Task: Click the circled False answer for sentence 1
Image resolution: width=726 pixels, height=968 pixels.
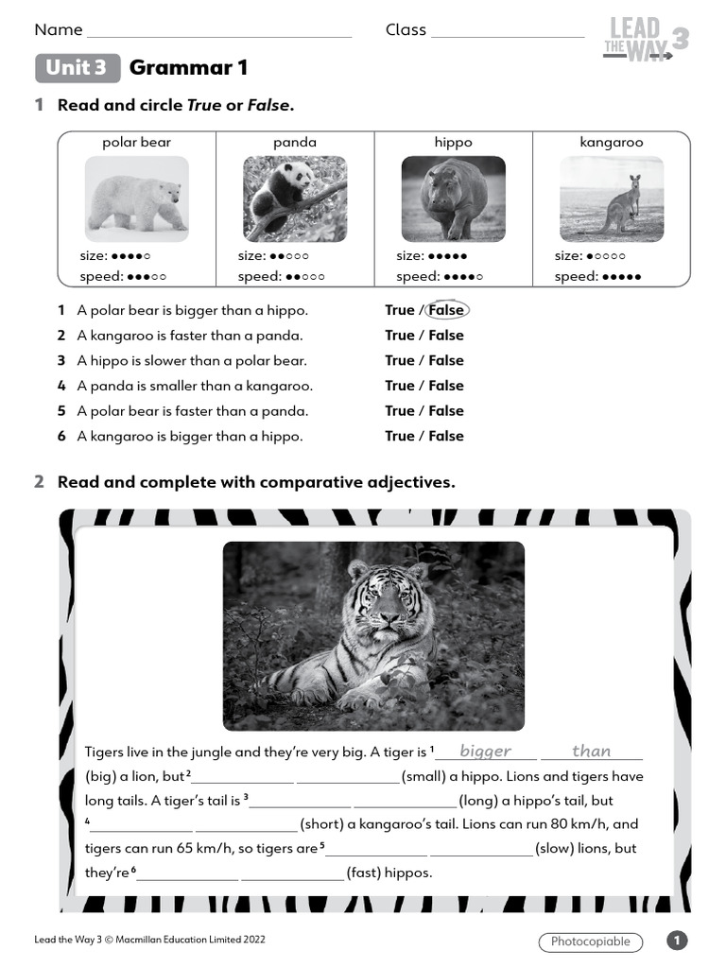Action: point(446,310)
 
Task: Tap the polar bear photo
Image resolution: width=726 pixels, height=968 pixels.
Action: point(136,199)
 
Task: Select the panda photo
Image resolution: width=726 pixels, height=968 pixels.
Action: point(295,199)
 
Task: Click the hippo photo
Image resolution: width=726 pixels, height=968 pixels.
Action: point(453,199)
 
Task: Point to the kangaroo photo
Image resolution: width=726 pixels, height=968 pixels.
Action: point(611,199)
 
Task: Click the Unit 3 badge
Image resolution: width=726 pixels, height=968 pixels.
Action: point(78,68)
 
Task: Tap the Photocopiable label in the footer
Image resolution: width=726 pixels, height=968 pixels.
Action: point(590,942)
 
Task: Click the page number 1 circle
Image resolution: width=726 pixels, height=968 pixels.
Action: point(677,941)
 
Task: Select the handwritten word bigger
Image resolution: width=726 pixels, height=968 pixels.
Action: point(485,752)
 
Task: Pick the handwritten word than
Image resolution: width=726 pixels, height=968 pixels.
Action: point(592,752)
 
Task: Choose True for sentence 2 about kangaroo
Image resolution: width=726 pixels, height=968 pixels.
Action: point(399,336)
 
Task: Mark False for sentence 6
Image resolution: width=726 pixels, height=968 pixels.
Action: point(446,436)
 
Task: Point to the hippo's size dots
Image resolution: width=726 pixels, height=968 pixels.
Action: point(447,256)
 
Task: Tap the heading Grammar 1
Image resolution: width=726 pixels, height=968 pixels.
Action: point(188,68)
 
